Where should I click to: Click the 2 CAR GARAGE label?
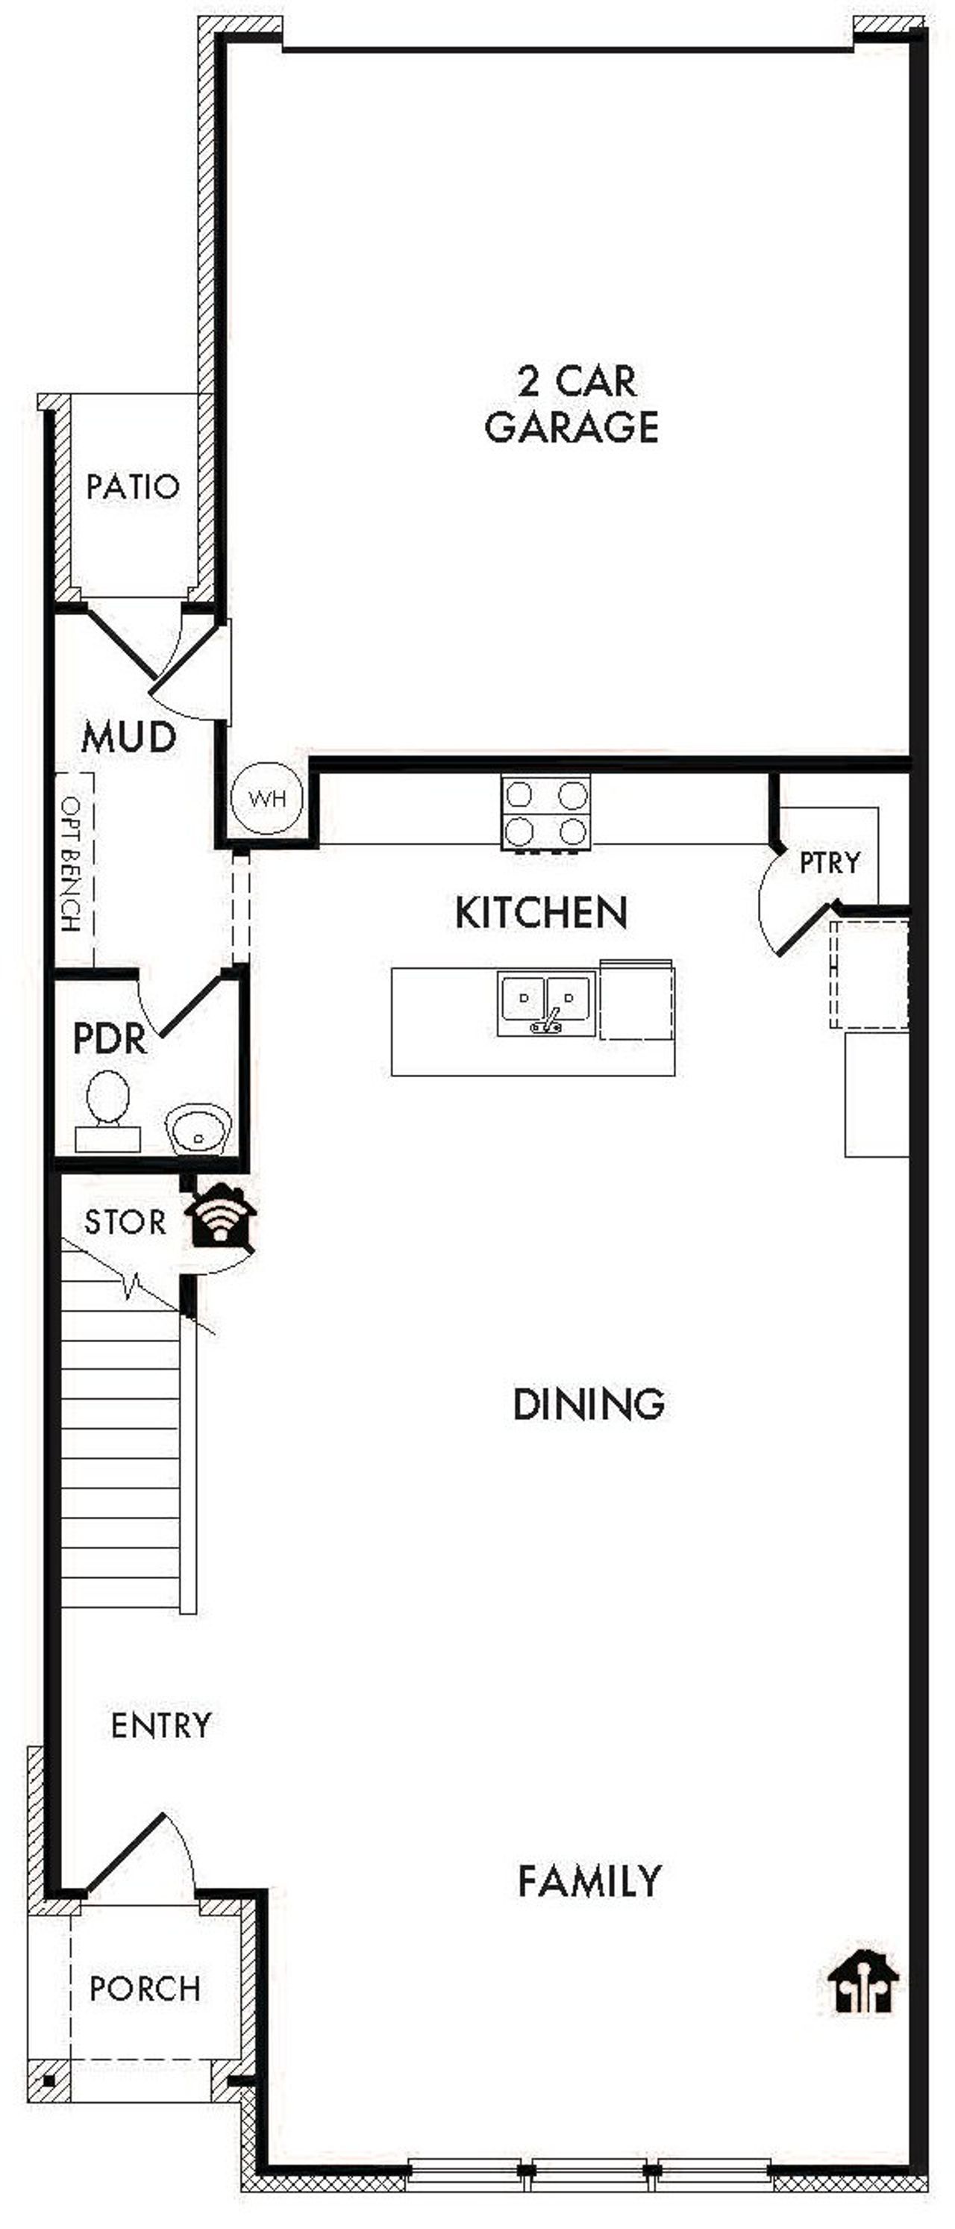point(573,404)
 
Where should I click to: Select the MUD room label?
point(129,738)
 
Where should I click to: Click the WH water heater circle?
point(267,798)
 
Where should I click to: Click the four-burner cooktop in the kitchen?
point(546,812)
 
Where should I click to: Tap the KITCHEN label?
point(542,913)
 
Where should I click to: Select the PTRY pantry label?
point(830,863)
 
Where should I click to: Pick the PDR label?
point(110,1038)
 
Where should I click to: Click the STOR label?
point(125,1222)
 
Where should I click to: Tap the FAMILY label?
point(590,1880)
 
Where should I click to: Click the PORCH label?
point(145,1988)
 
